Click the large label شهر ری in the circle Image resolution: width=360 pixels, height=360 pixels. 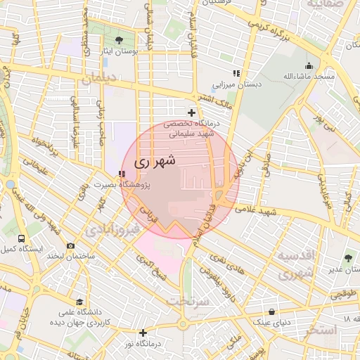click(x=153, y=161)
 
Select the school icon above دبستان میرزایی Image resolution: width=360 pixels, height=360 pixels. click(x=237, y=73)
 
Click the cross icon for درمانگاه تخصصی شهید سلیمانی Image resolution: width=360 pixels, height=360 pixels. click(x=191, y=112)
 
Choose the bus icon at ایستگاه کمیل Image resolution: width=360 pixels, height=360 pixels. click(x=21, y=239)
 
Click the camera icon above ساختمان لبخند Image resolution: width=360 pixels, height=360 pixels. click(x=70, y=245)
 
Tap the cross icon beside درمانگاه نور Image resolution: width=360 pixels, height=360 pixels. click(x=143, y=333)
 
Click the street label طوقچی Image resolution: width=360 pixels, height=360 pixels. click(x=342, y=295)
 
